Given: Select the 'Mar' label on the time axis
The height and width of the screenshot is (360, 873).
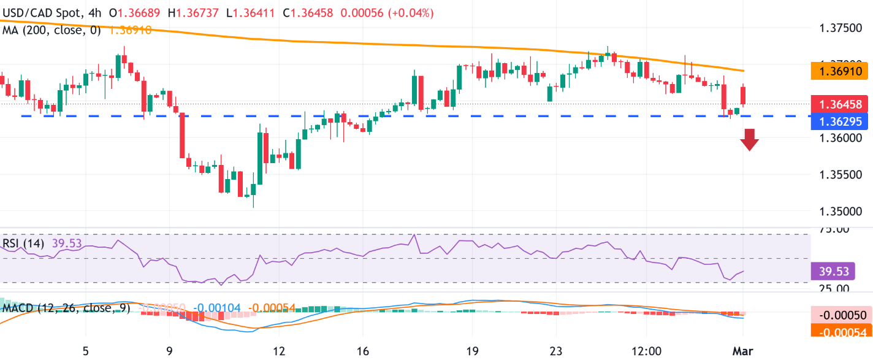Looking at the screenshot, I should pos(743,351).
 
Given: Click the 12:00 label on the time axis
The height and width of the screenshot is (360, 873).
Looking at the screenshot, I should pos(646,351).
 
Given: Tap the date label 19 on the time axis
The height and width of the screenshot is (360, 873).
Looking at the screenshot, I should pos(472,351).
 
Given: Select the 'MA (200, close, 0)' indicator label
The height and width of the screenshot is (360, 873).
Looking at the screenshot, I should pos(51,29).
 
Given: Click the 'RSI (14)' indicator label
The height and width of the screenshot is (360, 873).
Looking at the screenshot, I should pos(22,243).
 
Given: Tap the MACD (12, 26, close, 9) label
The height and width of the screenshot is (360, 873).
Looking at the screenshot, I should pos(66,308).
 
